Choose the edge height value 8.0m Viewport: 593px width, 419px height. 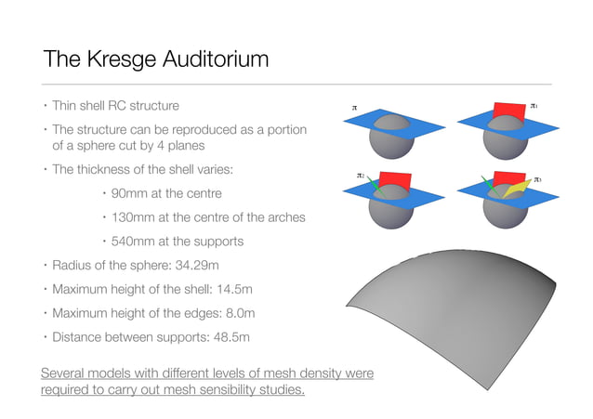click(x=234, y=313)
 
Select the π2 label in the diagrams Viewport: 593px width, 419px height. click(x=361, y=175)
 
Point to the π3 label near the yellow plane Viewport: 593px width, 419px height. click(x=537, y=178)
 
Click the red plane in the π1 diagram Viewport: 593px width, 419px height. click(x=507, y=111)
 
